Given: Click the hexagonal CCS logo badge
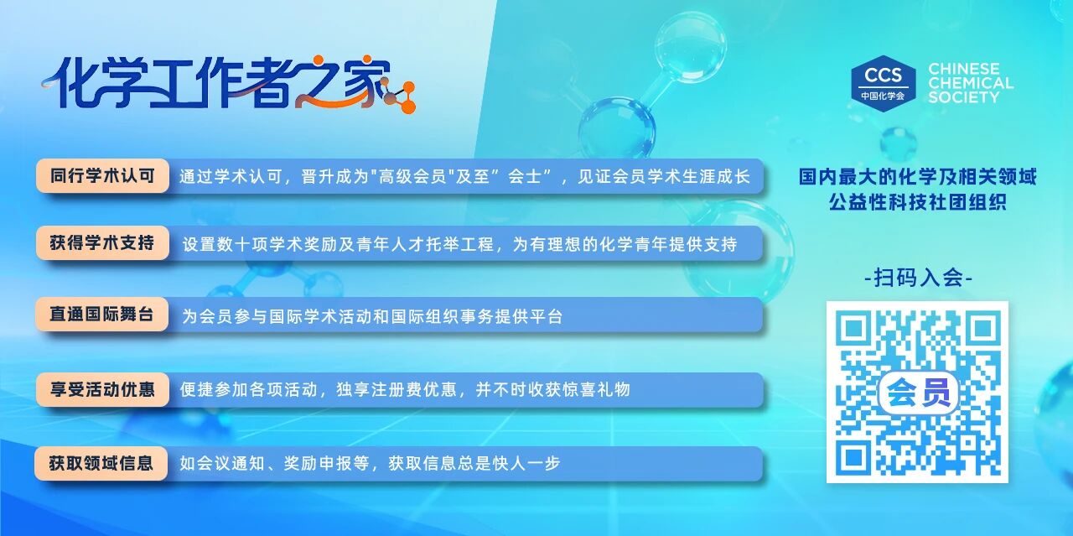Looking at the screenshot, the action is pyautogui.click(x=883, y=83).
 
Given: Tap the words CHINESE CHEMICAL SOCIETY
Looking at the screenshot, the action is pyautogui.click(x=971, y=83).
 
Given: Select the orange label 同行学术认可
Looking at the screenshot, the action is pyautogui.click(x=102, y=176).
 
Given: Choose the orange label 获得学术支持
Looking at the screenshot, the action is pyautogui.click(x=102, y=243).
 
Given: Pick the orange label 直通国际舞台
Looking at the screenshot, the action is pyautogui.click(x=102, y=315).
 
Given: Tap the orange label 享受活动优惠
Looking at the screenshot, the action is pyautogui.click(x=102, y=389).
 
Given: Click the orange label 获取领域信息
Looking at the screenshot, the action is pyautogui.click(x=101, y=464).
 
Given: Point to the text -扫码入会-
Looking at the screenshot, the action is pyautogui.click(x=918, y=278).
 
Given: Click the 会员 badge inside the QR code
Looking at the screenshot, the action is pyautogui.click(x=918, y=393).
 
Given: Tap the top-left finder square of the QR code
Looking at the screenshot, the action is pyautogui.click(x=853, y=329).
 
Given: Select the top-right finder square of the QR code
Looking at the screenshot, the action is pyautogui.click(x=983, y=329).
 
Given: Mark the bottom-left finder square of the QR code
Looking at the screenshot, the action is pyautogui.click(x=853, y=457).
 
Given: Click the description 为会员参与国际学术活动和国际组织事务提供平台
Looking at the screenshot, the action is pyautogui.click(x=372, y=316).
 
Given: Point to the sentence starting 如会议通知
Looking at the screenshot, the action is pyautogui.click(x=370, y=463).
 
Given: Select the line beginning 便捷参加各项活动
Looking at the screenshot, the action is pyautogui.click(x=405, y=389).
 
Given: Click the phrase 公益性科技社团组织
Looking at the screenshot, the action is pyautogui.click(x=918, y=202).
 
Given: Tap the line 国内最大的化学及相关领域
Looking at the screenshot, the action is pyautogui.click(x=918, y=176).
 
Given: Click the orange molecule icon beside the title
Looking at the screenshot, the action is pyautogui.click(x=400, y=96).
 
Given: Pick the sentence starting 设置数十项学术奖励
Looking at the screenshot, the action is pyautogui.click(x=459, y=244).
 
